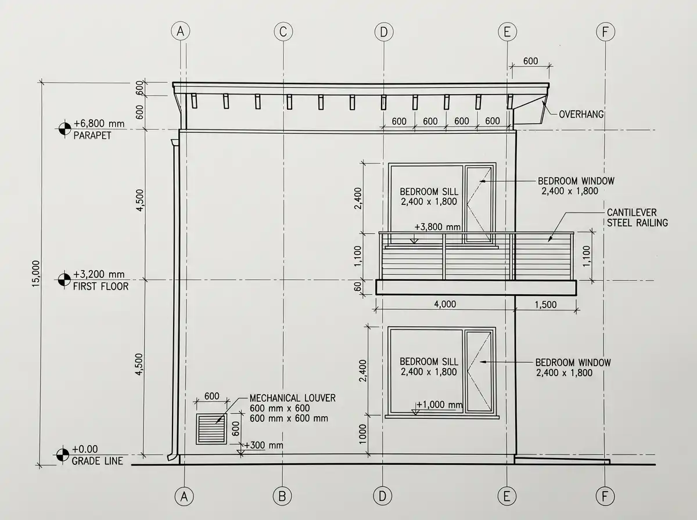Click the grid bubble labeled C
click(x=283, y=32)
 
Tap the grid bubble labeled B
click(x=282, y=496)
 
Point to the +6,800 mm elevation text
click(x=99, y=124)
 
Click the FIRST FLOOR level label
click(x=100, y=287)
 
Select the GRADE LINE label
click(x=97, y=461)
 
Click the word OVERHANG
click(x=581, y=114)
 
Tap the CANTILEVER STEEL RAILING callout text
click(x=637, y=218)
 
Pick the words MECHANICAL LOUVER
click(x=293, y=398)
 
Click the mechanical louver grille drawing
click(x=211, y=429)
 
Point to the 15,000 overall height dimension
click(x=36, y=273)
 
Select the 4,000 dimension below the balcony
click(x=445, y=304)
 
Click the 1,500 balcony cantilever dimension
click(x=545, y=305)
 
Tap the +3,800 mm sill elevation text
click(x=437, y=227)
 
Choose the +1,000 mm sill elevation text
click(x=439, y=405)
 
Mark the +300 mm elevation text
click(x=263, y=445)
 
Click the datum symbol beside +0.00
click(x=63, y=454)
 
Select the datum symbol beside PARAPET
click(x=65, y=129)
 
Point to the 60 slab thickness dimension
click(x=358, y=287)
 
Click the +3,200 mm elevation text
click(x=99, y=274)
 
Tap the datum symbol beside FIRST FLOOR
click(x=64, y=280)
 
